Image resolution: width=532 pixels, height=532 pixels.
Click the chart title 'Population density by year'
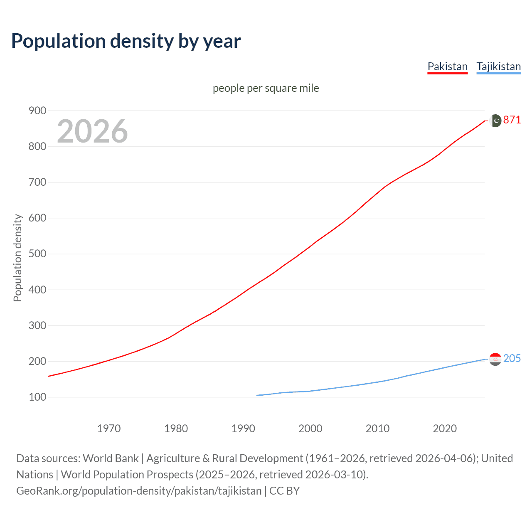click(x=126, y=41)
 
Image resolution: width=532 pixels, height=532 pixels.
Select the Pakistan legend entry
click(x=447, y=66)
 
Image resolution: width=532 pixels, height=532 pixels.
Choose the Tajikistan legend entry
click(x=498, y=66)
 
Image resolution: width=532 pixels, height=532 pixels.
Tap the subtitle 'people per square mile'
click(x=266, y=88)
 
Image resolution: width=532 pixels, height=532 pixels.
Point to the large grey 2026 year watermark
click(x=92, y=131)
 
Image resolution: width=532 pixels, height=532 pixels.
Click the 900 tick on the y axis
click(x=37, y=111)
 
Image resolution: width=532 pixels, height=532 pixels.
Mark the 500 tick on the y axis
click(x=37, y=254)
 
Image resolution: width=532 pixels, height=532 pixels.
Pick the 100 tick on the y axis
click(x=37, y=397)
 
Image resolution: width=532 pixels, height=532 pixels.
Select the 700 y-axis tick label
click(x=37, y=182)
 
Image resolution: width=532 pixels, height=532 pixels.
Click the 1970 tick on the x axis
click(x=109, y=429)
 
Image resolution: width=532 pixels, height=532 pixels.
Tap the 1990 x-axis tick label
click(x=243, y=429)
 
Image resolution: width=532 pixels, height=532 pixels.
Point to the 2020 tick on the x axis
click(x=445, y=429)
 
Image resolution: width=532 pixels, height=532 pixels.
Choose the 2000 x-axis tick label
click(x=310, y=429)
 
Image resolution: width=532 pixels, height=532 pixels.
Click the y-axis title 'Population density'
click(x=17, y=258)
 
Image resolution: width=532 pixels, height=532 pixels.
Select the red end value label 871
click(x=512, y=120)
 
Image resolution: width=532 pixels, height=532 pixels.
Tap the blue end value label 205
click(x=512, y=359)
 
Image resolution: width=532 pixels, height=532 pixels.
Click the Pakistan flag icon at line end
click(x=495, y=121)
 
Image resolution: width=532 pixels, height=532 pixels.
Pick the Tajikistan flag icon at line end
click(x=495, y=359)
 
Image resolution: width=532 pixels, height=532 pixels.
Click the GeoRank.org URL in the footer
click(x=139, y=491)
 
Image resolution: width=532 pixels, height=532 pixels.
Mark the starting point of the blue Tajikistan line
click(x=257, y=395)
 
